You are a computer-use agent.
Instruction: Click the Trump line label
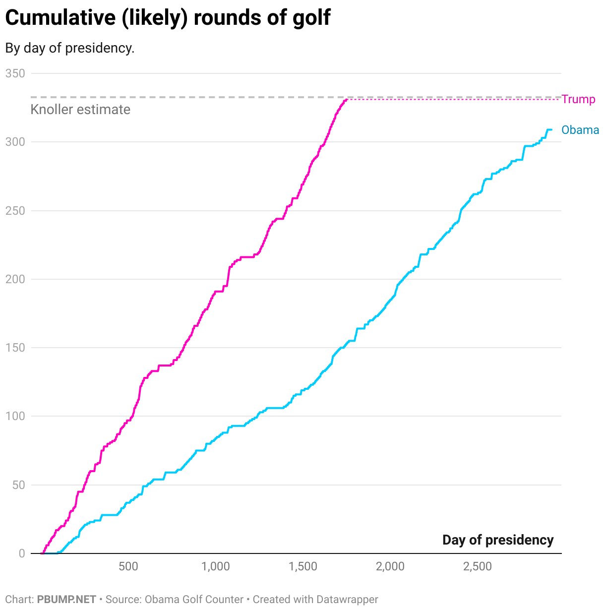point(578,100)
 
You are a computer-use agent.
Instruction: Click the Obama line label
point(580,130)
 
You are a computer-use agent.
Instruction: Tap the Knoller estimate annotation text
point(80,110)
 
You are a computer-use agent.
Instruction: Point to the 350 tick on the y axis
point(15,73)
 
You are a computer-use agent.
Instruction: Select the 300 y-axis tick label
point(15,142)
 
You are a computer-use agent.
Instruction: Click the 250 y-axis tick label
point(15,211)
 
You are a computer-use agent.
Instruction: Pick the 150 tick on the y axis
point(15,348)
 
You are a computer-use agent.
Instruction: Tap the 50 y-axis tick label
point(18,485)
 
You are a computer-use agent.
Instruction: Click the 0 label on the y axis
point(21,553)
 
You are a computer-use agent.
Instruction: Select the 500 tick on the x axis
point(128,566)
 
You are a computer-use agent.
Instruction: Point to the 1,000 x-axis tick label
point(216,566)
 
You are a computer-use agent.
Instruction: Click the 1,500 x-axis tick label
point(303,566)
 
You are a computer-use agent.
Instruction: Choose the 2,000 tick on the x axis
point(390,566)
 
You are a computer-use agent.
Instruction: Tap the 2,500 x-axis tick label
point(478,566)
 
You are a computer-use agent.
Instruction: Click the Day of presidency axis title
point(497,540)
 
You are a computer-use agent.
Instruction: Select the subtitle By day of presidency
point(70,48)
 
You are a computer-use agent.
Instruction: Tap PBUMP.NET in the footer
point(66,600)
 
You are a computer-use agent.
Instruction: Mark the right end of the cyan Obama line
point(551,130)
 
